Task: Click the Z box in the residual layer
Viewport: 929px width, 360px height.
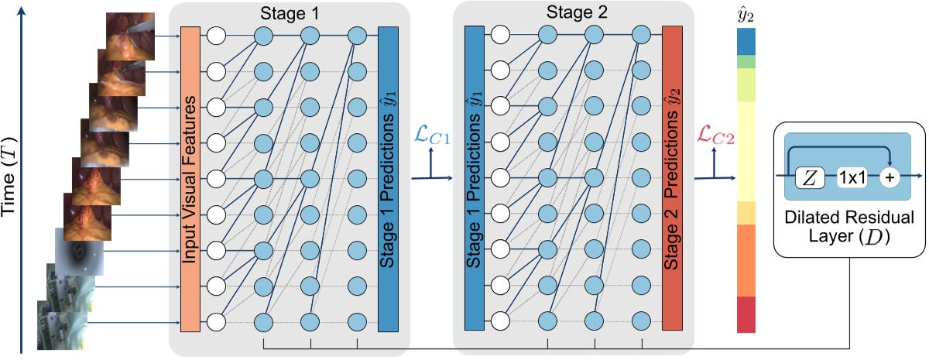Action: pos(810,177)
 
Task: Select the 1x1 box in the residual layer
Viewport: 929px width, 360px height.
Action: pos(852,177)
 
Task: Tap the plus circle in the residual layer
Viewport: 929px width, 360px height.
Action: pos(889,177)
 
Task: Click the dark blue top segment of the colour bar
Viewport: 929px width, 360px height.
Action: pos(746,40)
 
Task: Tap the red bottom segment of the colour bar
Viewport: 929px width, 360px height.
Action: pos(746,314)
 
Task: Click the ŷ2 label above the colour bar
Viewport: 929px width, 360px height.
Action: pos(746,13)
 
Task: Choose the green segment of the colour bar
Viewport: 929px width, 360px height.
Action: pos(746,61)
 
